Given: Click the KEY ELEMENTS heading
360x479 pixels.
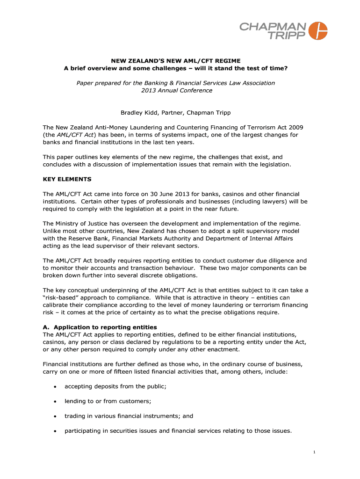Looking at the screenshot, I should (67, 179).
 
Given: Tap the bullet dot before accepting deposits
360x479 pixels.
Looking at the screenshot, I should (55, 386).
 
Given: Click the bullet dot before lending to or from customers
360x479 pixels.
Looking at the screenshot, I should (55, 401).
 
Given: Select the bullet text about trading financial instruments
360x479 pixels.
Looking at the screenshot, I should (129, 416).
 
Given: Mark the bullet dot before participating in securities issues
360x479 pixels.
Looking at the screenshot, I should (55, 431).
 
